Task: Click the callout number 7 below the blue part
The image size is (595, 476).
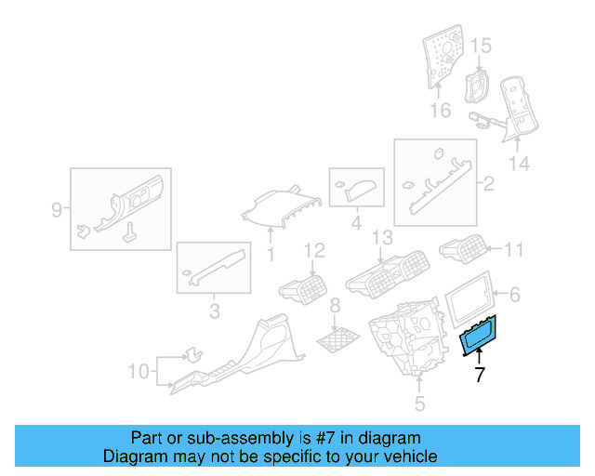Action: [480, 376]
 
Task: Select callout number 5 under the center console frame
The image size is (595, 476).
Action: [419, 403]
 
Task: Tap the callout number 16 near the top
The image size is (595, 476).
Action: [440, 111]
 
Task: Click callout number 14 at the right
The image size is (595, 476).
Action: [519, 164]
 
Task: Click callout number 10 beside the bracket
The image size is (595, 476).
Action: [138, 372]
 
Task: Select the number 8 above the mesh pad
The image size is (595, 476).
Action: [336, 306]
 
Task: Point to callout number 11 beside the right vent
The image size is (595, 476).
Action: [514, 248]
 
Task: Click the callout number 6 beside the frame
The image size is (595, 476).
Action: [514, 295]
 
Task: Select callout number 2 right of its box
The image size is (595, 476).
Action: [487, 183]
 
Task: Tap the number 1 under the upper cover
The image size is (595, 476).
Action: [271, 254]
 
